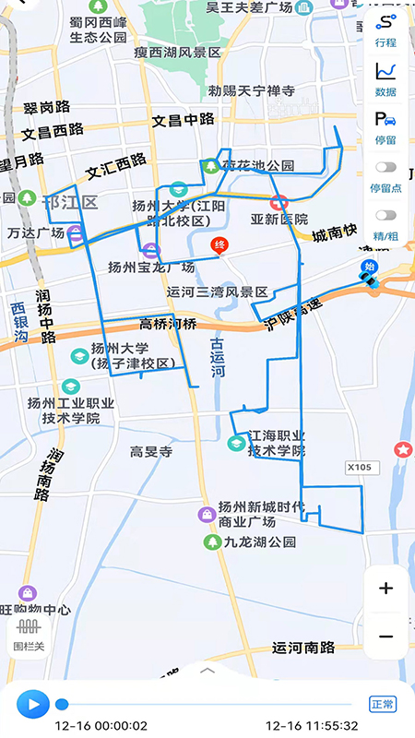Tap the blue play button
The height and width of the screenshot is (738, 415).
pyautogui.click(x=32, y=705)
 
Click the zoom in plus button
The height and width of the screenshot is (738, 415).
pyautogui.click(x=385, y=589)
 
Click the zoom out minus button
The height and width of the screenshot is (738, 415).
pyautogui.click(x=385, y=637)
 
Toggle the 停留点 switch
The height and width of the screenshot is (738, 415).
pyautogui.click(x=385, y=168)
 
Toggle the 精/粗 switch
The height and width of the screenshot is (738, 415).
pyautogui.click(x=385, y=216)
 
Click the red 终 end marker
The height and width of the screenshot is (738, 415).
pyautogui.click(x=219, y=245)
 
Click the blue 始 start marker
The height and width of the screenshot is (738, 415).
pyautogui.click(x=370, y=268)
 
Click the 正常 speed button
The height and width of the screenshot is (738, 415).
pyautogui.click(x=382, y=704)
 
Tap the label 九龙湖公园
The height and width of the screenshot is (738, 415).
pyautogui.click(x=259, y=542)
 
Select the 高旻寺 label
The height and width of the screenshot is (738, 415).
pyautogui.click(x=152, y=451)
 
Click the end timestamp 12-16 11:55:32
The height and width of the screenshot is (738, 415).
pyautogui.click(x=312, y=726)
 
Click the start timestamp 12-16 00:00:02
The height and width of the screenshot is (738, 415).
pyautogui.click(x=101, y=726)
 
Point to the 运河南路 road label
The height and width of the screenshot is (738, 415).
pyautogui.click(x=303, y=648)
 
